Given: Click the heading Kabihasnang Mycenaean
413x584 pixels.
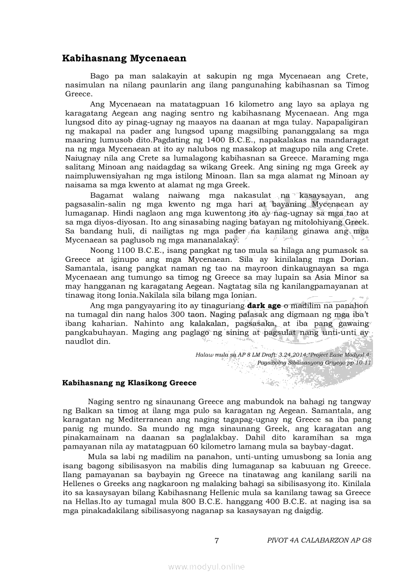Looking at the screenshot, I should (124, 58).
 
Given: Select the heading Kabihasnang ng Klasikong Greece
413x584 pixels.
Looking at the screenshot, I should (129, 383).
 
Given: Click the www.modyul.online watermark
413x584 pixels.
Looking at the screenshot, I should (206, 567).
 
